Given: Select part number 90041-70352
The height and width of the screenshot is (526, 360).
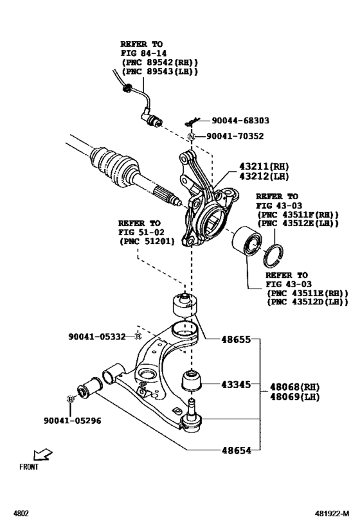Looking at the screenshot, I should [235, 136].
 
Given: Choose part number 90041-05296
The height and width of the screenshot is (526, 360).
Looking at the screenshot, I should [72, 421].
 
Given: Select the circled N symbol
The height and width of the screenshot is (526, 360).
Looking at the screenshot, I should [191, 137].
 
